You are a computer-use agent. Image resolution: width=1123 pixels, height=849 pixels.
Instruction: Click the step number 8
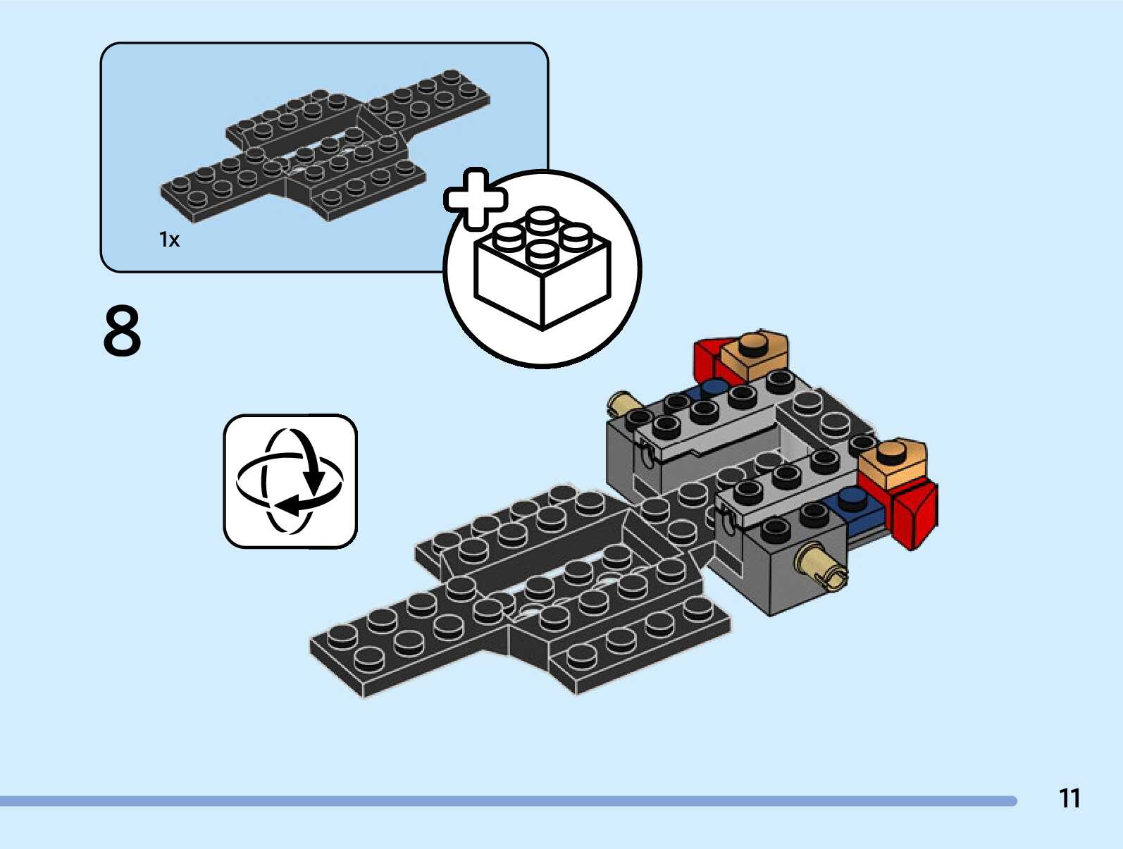click(x=122, y=330)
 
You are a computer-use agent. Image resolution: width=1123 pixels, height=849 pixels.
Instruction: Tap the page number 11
click(x=1069, y=798)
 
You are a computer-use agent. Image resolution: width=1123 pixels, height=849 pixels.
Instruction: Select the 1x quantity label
click(x=169, y=240)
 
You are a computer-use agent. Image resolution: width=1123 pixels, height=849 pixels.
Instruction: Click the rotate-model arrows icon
click(x=290, y=481)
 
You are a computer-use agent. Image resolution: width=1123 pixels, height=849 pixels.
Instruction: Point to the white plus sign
click(x=475, y=199)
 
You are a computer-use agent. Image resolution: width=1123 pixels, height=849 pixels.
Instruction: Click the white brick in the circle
click(x=542, y=271)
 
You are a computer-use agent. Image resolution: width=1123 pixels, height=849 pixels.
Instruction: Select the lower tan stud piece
click(x=893, y=461)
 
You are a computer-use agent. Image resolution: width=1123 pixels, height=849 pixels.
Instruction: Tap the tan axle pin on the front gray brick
click(x=820, y=566)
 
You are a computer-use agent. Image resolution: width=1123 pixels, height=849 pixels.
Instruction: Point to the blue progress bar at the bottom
click(x=507, y=801)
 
